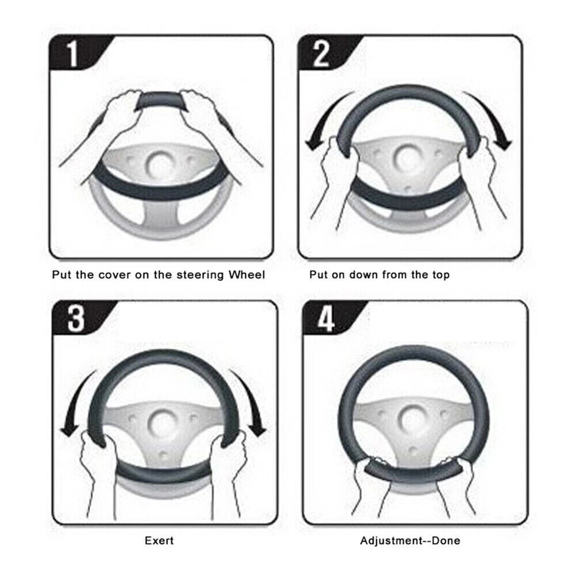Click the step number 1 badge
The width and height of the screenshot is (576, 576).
pos(73,55)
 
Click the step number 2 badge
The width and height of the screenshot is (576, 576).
pos(321,55)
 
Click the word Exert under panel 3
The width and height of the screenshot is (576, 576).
pos(160,541)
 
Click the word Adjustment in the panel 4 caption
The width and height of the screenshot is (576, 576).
pos(391,541)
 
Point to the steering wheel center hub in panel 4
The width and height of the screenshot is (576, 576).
pos(413,416)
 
